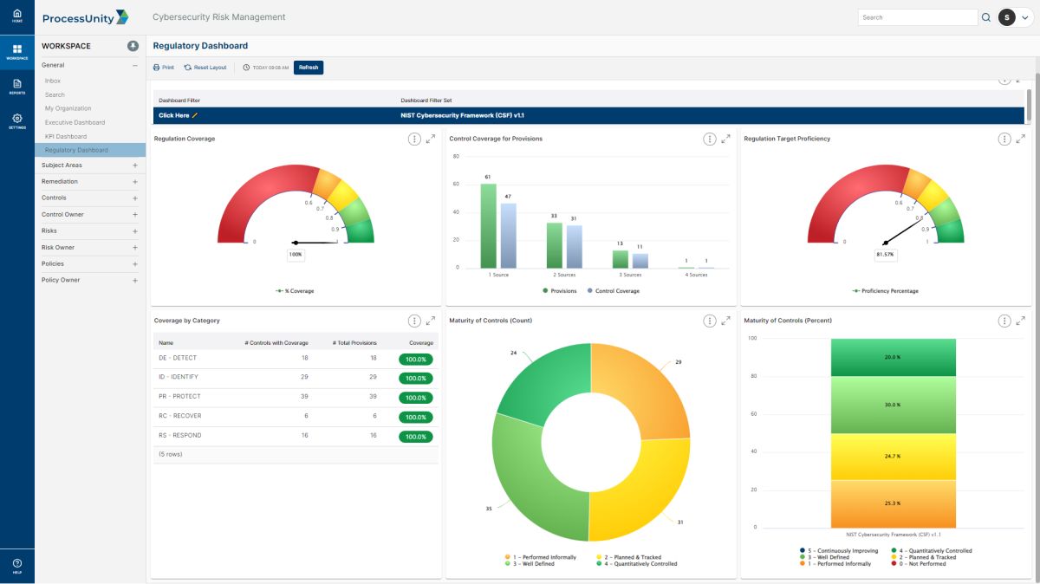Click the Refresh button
309,68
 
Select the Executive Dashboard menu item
75,122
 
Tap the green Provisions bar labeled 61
489,226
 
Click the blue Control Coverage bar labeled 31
575,247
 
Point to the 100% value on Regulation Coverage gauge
296,255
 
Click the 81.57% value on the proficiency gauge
885,255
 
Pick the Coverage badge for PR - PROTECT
415,398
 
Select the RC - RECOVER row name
179,416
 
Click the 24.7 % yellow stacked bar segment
893,456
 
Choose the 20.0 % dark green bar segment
893,357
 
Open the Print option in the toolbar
164,68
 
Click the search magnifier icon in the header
986,17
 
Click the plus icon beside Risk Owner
135,248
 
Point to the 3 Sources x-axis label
630,275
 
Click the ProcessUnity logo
85,17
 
